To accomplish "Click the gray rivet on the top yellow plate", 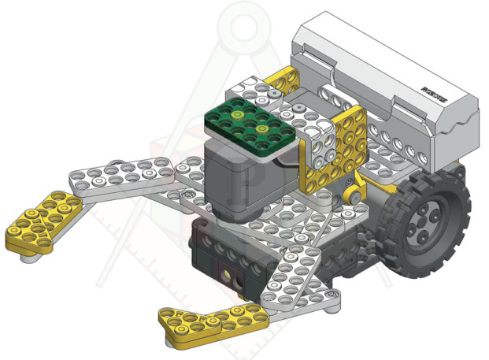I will click(x=273, y=94).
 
